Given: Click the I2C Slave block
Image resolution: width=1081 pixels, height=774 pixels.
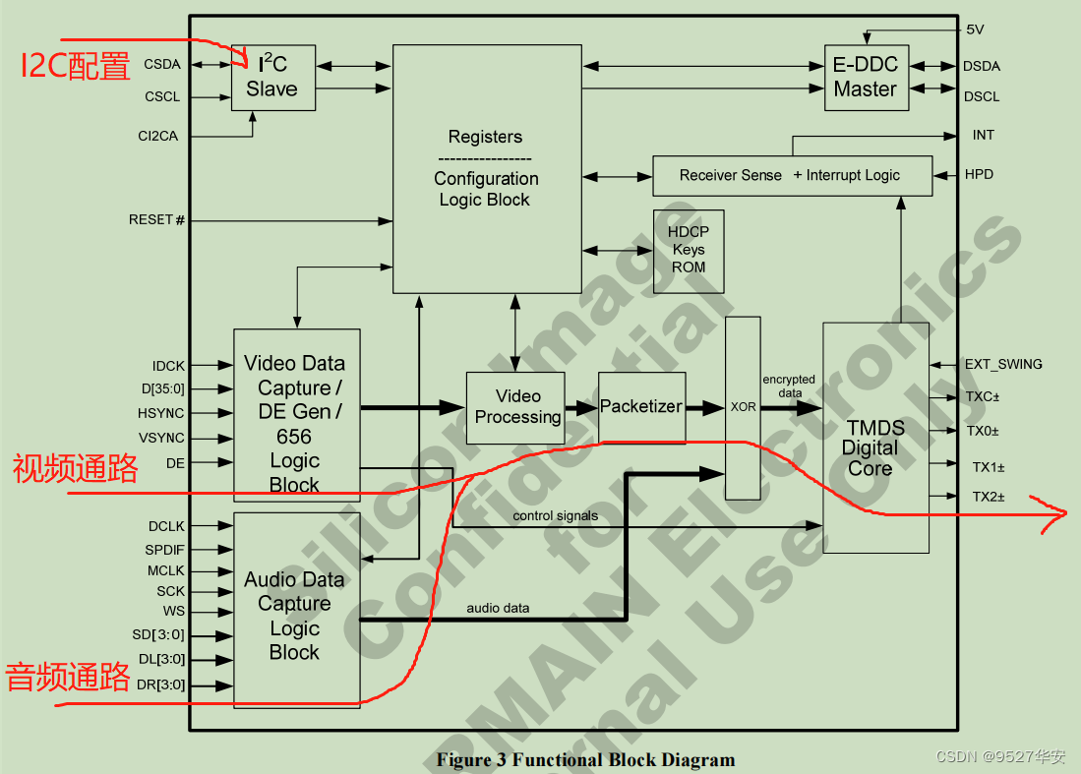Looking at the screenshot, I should pos(272,78).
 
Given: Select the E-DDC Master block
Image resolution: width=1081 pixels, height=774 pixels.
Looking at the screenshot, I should pos(866,78).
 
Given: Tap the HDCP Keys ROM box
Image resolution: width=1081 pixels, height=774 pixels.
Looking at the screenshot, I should pos(689,251).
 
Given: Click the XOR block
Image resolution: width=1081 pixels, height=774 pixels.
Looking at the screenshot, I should pos(744,407).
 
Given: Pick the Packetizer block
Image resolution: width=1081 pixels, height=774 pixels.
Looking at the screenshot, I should pos(641,407).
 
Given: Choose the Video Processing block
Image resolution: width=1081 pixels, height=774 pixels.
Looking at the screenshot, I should pos(515,407).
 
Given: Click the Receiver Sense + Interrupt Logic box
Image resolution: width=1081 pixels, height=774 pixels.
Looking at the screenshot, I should pos(791,175).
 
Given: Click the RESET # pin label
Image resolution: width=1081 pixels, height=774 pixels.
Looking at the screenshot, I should pos(156,219).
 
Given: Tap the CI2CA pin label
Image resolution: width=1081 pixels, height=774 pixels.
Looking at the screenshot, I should pos(158,136).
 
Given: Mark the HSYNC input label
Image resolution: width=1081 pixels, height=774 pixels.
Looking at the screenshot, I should pos(161,413).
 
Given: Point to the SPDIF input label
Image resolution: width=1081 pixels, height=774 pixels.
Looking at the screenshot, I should pos(165,549).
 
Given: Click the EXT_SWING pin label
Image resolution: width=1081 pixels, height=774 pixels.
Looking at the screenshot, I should pos(1002,364).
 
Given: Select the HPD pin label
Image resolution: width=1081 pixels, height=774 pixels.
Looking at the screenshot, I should pos(978,175).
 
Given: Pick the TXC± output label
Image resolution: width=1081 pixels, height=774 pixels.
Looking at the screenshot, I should pos(981,397).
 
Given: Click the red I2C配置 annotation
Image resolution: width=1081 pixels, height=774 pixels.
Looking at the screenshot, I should pos(76,67).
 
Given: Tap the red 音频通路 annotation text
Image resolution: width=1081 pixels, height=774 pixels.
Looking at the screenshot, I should pos(68,678).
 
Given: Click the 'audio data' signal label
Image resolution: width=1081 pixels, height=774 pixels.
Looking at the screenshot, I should pos(498,608).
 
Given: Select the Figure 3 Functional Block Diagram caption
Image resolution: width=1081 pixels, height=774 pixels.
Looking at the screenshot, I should pos(585,759).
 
